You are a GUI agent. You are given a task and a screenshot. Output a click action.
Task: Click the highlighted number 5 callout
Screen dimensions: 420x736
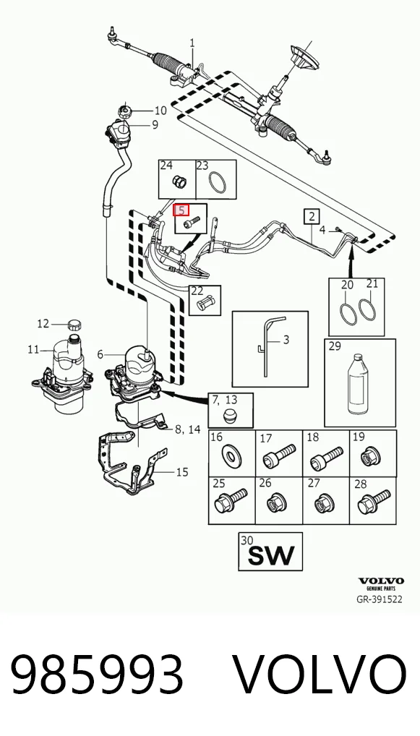[181, 210]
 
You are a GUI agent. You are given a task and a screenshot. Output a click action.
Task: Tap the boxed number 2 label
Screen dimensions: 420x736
[312, 216]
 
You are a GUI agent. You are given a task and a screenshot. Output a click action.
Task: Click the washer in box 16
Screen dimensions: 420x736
[231, 455]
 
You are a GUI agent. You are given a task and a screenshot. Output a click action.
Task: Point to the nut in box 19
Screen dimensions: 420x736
[372, 455]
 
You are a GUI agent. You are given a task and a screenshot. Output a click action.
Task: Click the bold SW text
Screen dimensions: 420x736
[271, 555]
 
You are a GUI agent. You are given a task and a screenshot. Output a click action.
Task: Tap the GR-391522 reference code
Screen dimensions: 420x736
[380, 599]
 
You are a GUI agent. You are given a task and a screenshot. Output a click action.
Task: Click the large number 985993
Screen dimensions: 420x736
[97, 675]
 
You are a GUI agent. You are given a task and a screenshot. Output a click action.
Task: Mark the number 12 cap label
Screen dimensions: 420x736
[43, 323]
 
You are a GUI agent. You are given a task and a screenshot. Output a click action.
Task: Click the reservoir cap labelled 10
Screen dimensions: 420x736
[125, 112]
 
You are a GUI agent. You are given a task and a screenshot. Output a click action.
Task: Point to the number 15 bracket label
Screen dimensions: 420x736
[182, 471]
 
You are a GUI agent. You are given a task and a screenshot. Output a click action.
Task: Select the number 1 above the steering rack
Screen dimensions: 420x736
[192, 43]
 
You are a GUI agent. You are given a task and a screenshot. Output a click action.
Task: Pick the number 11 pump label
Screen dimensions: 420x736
[33, 349]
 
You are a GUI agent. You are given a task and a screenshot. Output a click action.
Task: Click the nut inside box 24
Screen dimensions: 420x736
[179, 181]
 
